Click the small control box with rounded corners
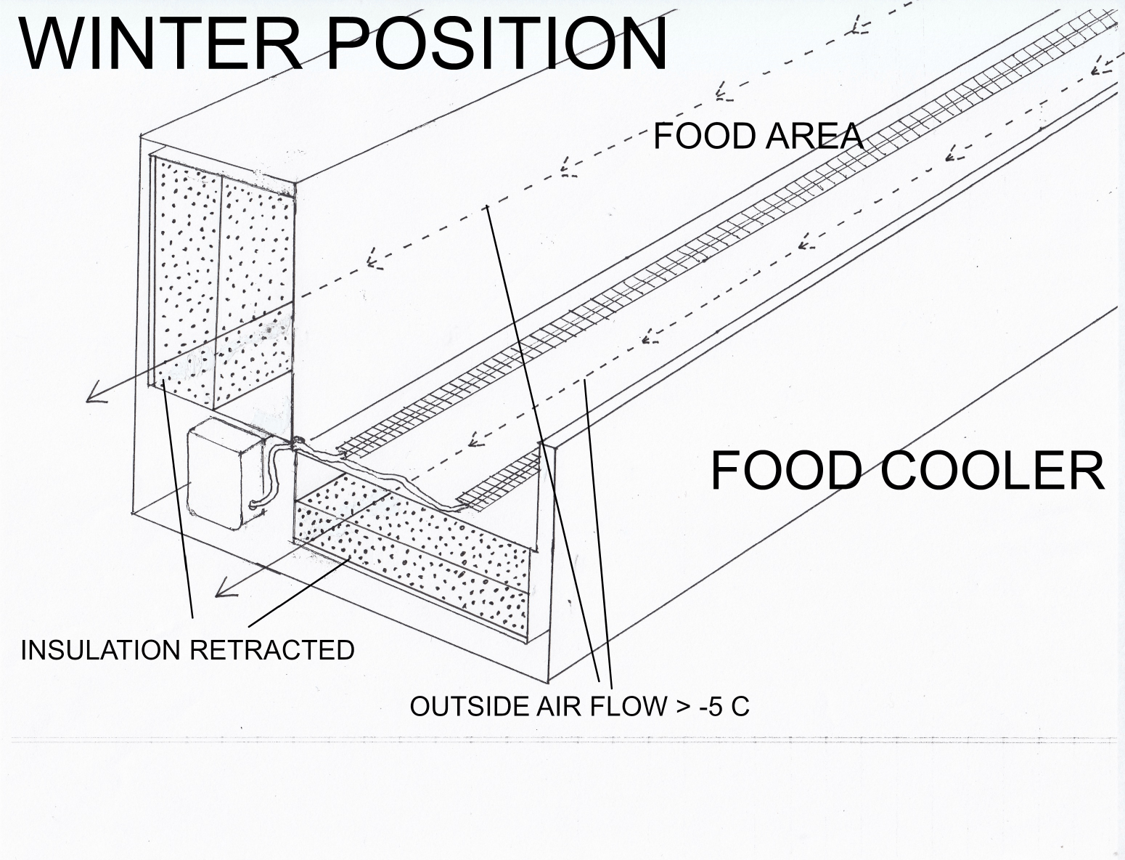[x=224, y=471]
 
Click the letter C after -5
[x=740, y=706]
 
